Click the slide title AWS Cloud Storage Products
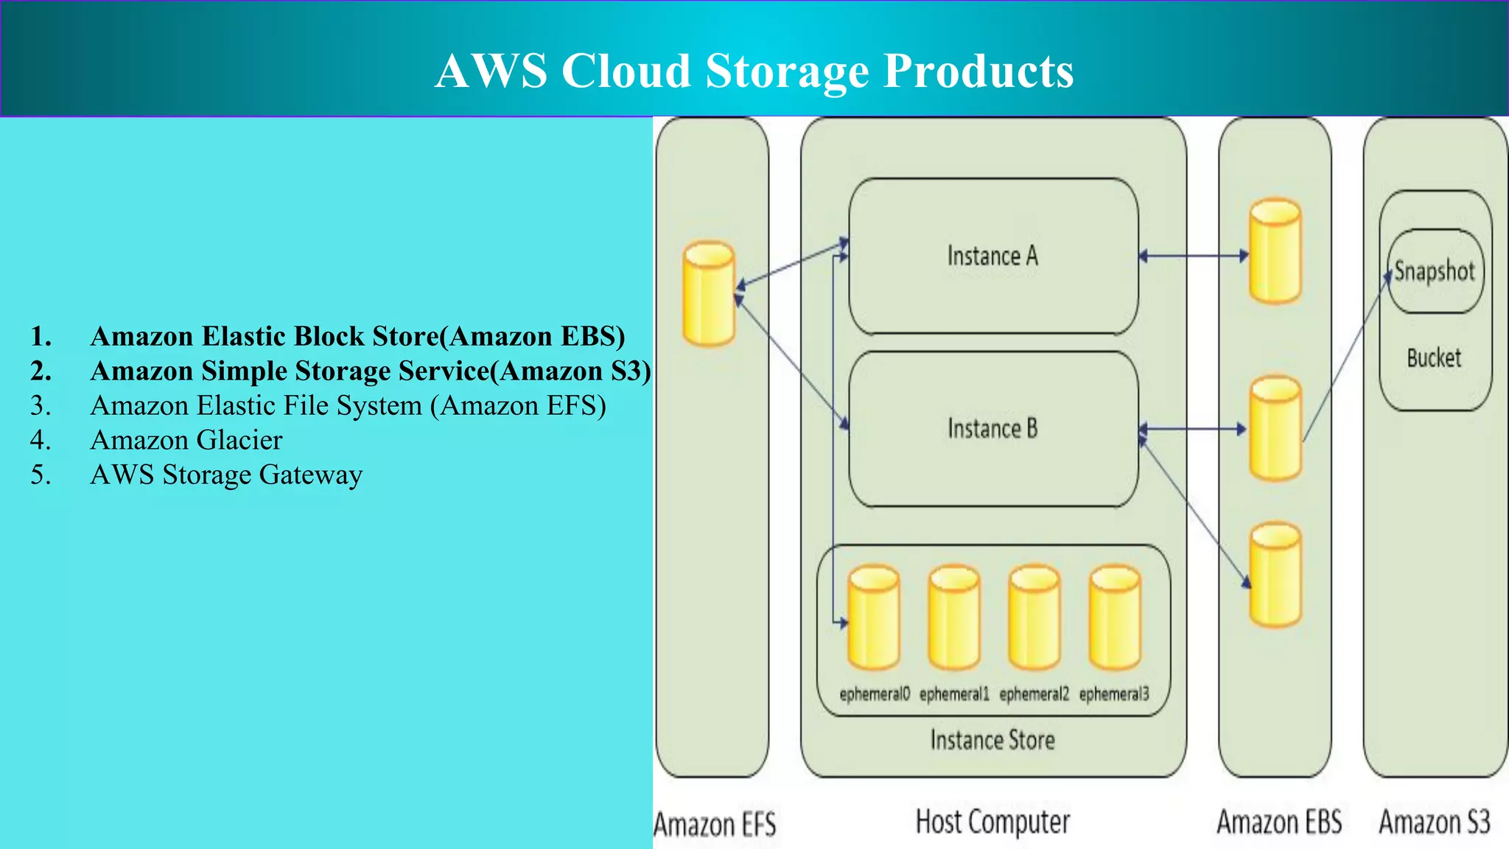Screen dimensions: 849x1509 [x=754, y=71]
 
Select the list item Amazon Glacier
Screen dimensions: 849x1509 [x=186, y=440]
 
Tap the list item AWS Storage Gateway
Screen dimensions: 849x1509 [x=225, y=475]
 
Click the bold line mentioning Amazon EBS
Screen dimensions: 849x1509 [x=357, y=336]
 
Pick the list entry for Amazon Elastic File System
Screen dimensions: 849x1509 [x=347, y=405]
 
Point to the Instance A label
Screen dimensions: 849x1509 [x=992, y=256]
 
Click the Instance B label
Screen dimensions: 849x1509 [x=992, y=428]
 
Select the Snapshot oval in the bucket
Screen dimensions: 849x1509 [x=1434, y=271]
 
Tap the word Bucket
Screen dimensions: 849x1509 [x=1433, y=358]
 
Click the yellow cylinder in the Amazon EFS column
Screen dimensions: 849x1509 [x=708, y=293]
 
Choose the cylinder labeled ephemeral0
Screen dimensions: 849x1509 [x=873, y=618]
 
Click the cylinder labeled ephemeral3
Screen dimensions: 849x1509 [x=1114, y=618]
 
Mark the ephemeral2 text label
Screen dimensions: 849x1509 [x=1033, y=694]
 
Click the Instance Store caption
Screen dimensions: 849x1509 [x=992, y=740]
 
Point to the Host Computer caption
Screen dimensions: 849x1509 [x=992, y=821]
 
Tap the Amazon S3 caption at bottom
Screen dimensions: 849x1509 [x=1434, y=822]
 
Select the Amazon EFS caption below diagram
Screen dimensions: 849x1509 [x=715, y=824]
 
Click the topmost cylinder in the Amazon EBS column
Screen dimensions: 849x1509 [x=1275, y=251]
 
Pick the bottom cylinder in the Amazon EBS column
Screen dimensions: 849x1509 [x=1275, y=575]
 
